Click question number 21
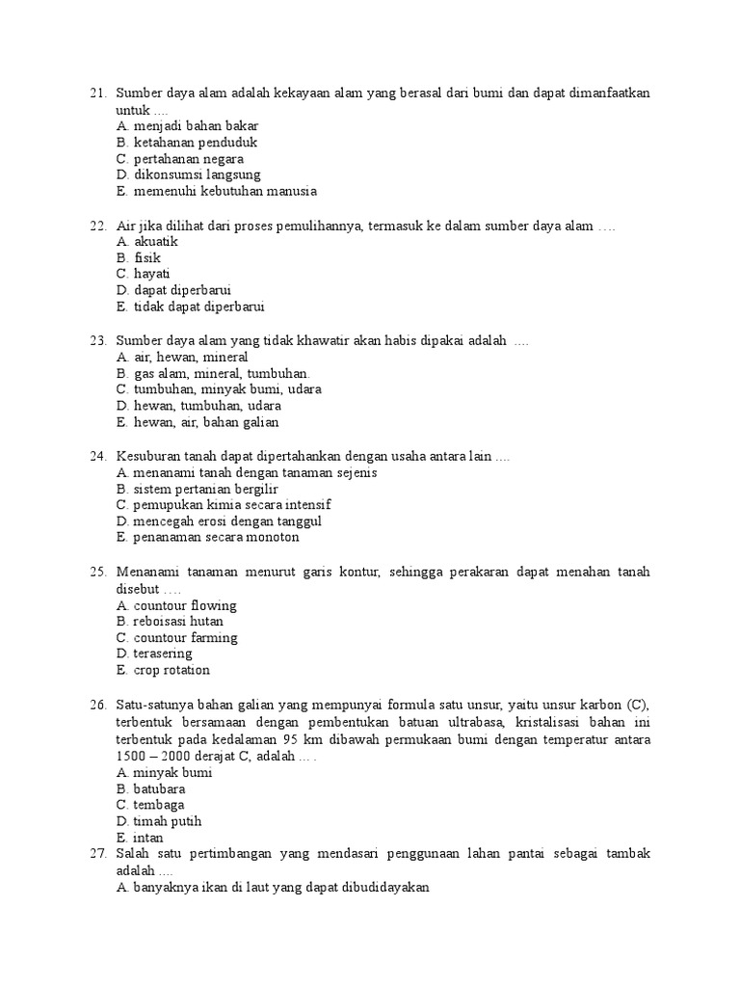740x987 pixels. [96, 93]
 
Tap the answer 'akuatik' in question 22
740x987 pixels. [156, 242]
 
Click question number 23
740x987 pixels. [96, 341]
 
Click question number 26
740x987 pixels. [96, 706]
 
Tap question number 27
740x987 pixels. [96, 854]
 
